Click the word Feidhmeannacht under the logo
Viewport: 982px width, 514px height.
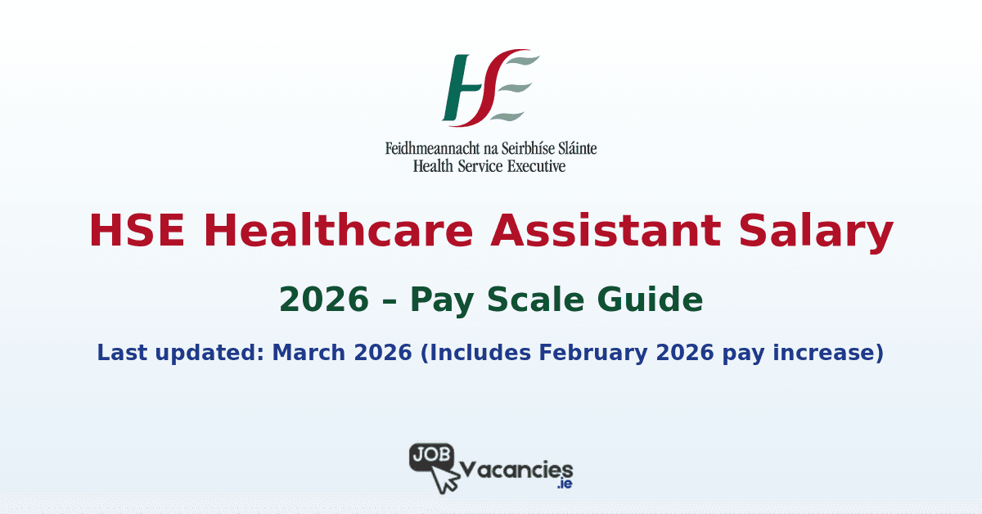426,150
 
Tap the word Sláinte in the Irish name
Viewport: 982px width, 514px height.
573,150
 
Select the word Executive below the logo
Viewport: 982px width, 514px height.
535,166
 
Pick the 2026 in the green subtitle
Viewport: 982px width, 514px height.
322,300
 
